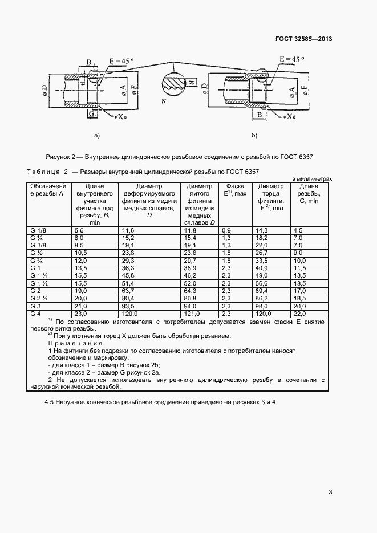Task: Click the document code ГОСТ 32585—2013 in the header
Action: click(305, 39)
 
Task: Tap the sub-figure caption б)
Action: click(254, 135)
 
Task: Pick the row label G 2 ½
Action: click(39, 298)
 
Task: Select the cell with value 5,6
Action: click(79, 230)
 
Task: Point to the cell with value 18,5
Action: click(299, 298)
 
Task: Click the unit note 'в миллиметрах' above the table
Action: click(311, 178)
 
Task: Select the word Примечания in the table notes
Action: click(75, 344)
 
